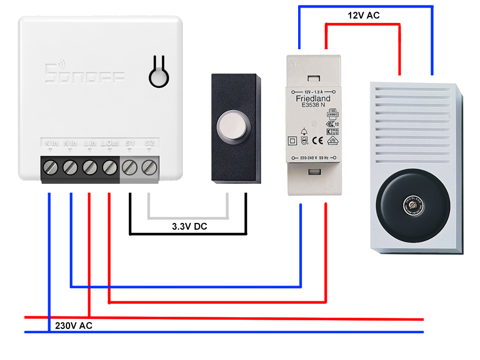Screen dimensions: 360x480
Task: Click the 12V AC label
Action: point(363,15)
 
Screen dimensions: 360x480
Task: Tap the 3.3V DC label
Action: point(189,226)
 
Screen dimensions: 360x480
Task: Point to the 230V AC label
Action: point(74,326)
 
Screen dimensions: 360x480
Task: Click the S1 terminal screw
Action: point(130,166)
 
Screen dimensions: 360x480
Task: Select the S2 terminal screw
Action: point(149,166)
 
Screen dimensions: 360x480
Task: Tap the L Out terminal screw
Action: point(110,166)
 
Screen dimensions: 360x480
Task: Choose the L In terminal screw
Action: point(90,166)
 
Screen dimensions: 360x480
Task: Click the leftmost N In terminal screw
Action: point(50,166)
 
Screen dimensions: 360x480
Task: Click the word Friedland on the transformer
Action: point(313,98)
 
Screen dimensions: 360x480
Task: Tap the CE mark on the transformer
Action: point(317,139)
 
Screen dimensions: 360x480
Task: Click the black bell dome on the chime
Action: point(414,208)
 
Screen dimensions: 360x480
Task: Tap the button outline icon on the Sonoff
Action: point(158,73)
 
